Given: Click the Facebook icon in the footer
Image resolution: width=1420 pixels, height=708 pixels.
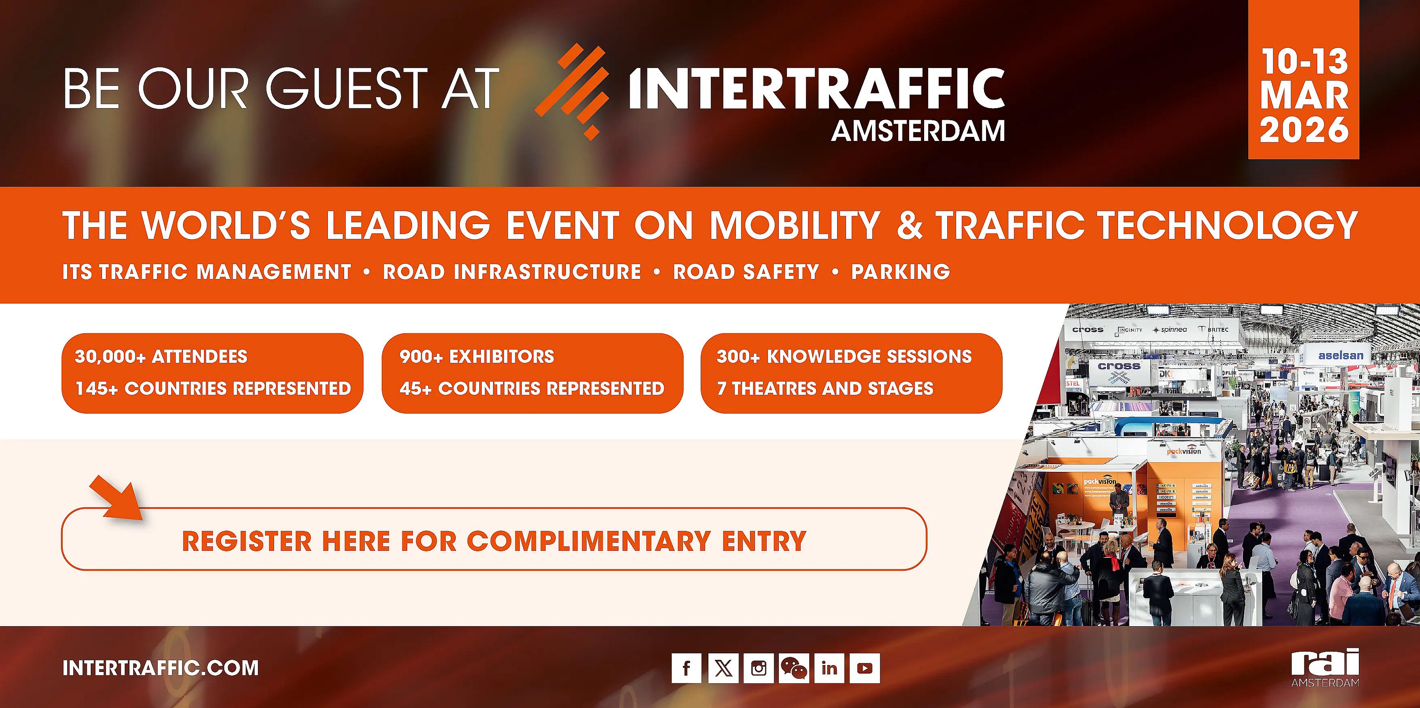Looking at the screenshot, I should coord(686,668).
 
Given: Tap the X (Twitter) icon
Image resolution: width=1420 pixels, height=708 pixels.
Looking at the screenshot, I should coord(723,668).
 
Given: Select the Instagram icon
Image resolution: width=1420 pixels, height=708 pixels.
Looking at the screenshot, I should coord(759,668).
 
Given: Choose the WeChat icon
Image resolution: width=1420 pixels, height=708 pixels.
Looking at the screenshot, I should coord(794,668).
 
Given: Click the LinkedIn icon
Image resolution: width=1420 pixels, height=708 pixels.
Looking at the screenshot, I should coord(829,668).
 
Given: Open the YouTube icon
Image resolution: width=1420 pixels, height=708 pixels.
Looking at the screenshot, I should coord(864,668).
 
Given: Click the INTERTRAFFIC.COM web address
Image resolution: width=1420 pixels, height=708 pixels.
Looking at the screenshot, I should coord(160,668).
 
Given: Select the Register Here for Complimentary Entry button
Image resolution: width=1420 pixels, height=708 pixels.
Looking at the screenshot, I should coord(494,541).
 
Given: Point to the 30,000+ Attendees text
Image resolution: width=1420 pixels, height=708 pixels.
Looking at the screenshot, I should coord(161,357).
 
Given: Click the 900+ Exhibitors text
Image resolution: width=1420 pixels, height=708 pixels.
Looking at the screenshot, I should coord(477,357).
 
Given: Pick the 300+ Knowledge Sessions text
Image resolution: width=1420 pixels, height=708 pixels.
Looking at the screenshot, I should coord(844,357).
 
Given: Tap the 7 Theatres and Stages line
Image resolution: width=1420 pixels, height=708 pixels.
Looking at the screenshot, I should coord(825,388).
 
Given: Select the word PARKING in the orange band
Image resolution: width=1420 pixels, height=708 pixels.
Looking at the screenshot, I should coord(900,272).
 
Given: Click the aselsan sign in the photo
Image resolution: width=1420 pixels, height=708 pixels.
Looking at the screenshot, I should coord(1340,356).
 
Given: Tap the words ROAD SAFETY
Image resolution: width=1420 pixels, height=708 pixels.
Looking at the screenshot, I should coord(746,272).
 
